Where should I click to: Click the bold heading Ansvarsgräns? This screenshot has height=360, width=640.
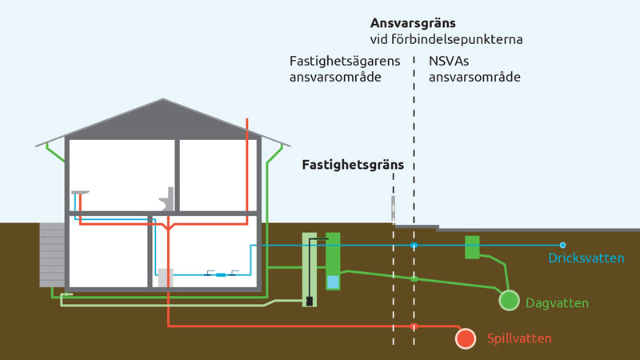(x=413, y=23)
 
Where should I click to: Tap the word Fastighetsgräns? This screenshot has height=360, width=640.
(x=353, y=165)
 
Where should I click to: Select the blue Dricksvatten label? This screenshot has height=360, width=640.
(x=586, y=258)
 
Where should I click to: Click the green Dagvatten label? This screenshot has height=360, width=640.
(x=558, y=303)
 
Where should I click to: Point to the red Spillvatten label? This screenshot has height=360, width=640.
(x=519, y=339)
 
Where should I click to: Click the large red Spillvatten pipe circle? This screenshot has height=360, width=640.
(x=466, y=338)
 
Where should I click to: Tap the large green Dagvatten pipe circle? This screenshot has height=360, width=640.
(x=509, y=300)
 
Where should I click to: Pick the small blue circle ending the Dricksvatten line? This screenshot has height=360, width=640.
(x=562, y=245)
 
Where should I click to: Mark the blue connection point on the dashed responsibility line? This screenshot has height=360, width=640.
(x=414, y=245)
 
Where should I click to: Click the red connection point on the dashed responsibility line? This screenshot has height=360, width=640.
(x=414, y=326)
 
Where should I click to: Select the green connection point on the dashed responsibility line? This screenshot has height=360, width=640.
(x=414, y=278)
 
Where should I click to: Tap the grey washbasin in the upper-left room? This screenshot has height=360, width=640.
(x=79, y=192)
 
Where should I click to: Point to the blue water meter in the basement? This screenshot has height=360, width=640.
(x=220, y=274)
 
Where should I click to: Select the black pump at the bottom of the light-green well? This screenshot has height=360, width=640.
(x=309, y=302)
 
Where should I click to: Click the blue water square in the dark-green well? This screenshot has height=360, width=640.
(x=333, y=281)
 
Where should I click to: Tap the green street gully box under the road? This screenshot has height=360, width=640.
(x=472, y=247)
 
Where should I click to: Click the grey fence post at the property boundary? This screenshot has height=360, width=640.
(x=393, y=209)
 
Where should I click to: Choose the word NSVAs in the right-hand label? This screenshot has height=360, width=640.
(x=446, y=62)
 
